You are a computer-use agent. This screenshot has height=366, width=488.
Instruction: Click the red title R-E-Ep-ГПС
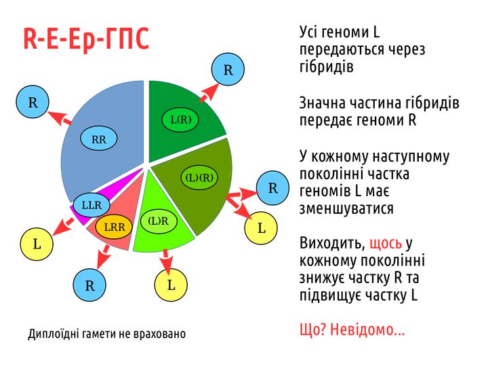coord(86,39)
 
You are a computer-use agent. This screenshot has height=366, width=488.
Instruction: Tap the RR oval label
coord(99,139)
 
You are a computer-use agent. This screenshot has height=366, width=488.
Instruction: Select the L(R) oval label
coord(180,120)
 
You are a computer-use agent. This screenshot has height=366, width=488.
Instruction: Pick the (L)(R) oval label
coord(199,177)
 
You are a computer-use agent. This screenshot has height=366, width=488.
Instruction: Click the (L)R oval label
coord(159,221)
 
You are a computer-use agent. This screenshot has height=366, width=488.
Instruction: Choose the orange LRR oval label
coord(114,227)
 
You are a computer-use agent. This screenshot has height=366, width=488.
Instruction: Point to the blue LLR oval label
coord(91,205)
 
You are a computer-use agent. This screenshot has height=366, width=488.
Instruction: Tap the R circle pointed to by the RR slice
coord(33,102)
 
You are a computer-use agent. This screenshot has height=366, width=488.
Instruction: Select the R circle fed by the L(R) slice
coord(228,69)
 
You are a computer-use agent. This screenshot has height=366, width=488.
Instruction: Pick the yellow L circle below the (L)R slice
coord(171,285)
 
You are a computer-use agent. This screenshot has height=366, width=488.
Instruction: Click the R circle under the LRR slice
coord(89,285)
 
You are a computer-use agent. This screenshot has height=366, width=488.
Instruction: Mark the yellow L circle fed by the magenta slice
coord(37,244)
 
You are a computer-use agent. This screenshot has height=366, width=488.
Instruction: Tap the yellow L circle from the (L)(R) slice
coord(261,228)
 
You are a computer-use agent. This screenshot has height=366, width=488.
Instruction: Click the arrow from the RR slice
coord(60,118)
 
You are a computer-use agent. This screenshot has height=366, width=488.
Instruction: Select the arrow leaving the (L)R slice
coord(167,263)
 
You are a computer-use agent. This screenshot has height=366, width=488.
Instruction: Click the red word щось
coord(386,244)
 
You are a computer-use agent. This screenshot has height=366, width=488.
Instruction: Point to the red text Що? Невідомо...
coord(352,329)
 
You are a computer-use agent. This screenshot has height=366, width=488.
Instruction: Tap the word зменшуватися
coord(346,208)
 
